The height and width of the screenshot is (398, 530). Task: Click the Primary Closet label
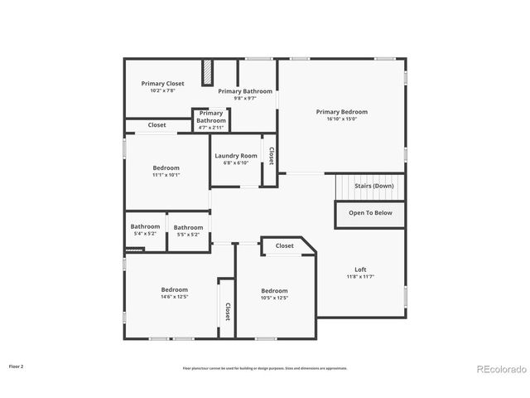pos(162,83)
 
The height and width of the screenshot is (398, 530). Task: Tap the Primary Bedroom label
pos(341,111)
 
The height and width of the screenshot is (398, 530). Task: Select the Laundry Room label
pos(236,156)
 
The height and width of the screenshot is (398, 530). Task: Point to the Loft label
pos(360,269)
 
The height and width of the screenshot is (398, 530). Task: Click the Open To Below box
pos(369,213)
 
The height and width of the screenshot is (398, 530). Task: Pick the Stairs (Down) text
pos(374,186)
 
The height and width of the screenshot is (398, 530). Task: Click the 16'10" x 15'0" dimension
pos(341,119)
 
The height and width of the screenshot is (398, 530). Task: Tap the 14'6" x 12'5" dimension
pos(174,297)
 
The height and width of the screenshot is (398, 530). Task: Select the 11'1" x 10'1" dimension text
pos(166,175)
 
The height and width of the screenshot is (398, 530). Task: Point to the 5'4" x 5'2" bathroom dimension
pos(145,234)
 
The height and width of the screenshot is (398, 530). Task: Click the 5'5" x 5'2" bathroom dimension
pos(188,235)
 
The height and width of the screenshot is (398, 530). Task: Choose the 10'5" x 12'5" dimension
pos(274,298)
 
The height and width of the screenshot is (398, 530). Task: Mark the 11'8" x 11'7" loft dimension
pos(360,277)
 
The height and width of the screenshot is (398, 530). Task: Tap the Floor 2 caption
pos(17,366)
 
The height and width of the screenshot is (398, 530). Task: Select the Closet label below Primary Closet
pos(157,125)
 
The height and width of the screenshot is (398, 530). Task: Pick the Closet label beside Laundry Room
pos(271,156)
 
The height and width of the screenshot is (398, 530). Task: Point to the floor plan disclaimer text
pos(265,368)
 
